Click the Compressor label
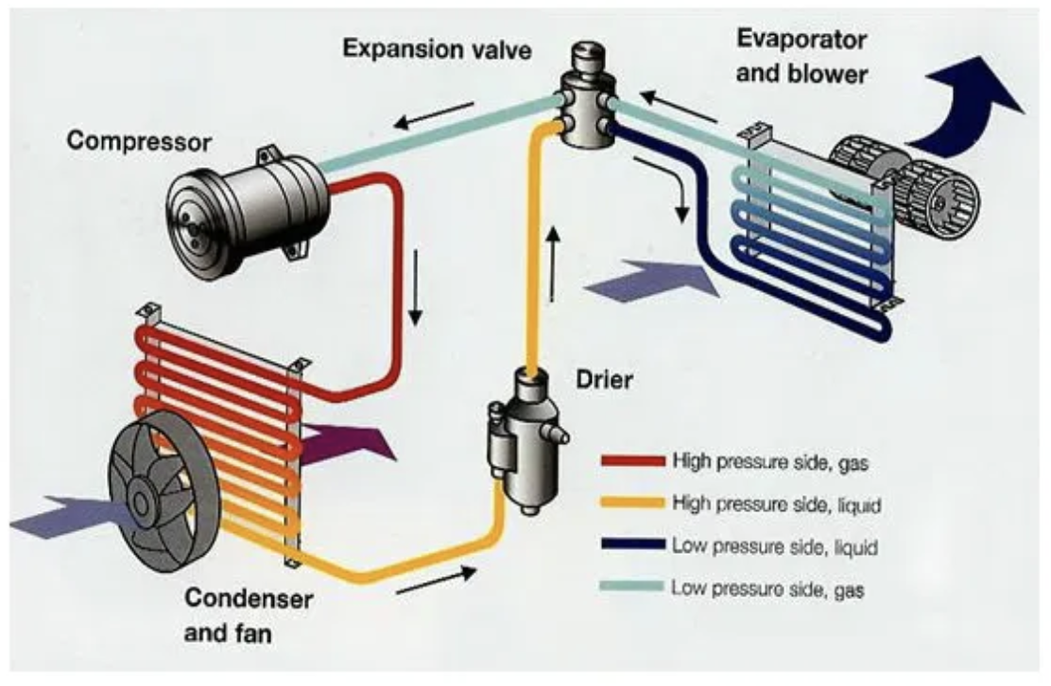tap(140, 143)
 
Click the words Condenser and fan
tap(249, 614)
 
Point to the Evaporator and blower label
tap(801, 57)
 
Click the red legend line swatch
tap(632, 462)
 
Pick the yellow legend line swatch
tap(632, 505)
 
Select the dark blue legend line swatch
tap(632, 546)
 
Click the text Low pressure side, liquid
tap(776, 546)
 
